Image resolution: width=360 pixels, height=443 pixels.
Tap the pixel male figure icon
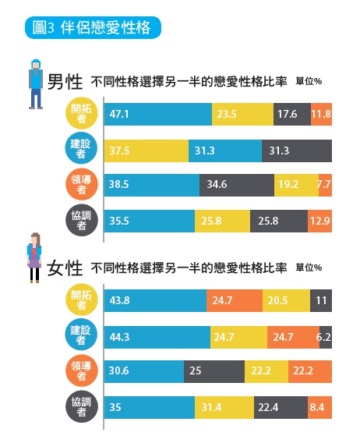pos(35,83)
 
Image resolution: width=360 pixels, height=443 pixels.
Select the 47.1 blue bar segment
pos(157,114)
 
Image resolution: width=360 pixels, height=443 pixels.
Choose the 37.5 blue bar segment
pos(146,150)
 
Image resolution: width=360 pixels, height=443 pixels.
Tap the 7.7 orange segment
pos(325,186)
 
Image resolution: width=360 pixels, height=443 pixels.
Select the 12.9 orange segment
pos(319,221)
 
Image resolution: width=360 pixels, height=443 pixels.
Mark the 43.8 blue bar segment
pos(155,301)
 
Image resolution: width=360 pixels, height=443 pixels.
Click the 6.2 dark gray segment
pos(326,337)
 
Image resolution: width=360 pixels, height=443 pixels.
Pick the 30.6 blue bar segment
pos(143,372)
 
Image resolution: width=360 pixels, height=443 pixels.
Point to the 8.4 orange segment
pos(320,408)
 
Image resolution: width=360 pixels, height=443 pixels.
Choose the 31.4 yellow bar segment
pos(224,408)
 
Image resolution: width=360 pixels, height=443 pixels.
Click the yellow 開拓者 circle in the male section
pos(80,114)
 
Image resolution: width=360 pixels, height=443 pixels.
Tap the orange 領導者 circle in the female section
pos(80,372)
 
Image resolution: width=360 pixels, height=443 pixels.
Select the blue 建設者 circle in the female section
pos(80,337)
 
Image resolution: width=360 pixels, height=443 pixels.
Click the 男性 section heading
pos(65,81)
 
